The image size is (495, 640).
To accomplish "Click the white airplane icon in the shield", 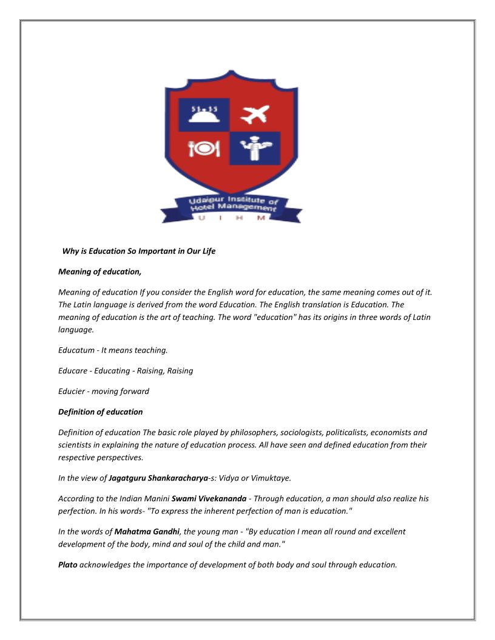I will coord(254,114).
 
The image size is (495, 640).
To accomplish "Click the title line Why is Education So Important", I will coord(139,251).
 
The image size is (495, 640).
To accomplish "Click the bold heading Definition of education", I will coord(101,412).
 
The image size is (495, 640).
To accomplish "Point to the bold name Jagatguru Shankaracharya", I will coord(158,478).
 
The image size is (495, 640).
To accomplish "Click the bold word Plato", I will coord(68,564).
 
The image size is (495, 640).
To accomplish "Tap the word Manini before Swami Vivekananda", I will coord(156,498).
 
